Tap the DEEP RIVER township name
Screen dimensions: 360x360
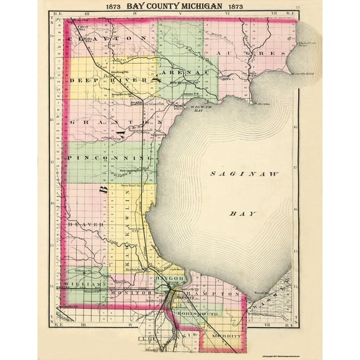[112, 81]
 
